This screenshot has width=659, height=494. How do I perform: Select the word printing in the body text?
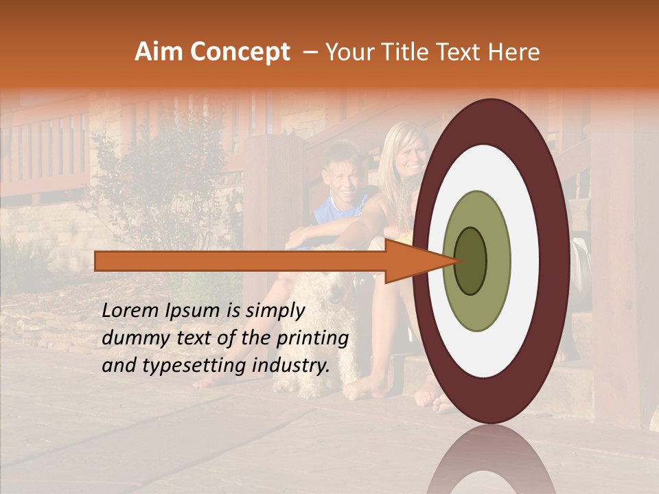point(316,339)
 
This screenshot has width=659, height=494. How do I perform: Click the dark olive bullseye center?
point(471,260)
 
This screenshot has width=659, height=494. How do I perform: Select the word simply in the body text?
point(275,311)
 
